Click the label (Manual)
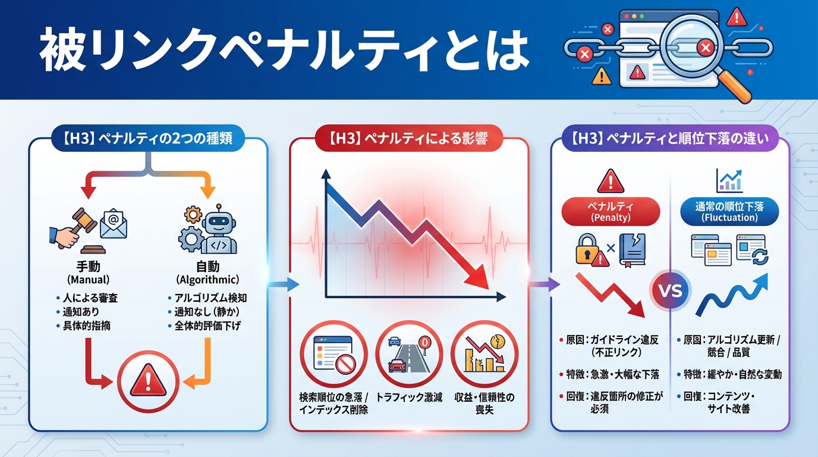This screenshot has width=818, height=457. click(x=89, y=279)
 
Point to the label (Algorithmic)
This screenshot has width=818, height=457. click(x=207, y=279)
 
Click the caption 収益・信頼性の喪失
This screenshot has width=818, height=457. click(x=484, y=403)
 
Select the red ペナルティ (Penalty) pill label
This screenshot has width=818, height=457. click(x=611, y=211)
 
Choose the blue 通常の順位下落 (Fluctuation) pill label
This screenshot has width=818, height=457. click(x=729, y=211)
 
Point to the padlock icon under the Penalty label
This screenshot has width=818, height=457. click(x=587, y=249)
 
